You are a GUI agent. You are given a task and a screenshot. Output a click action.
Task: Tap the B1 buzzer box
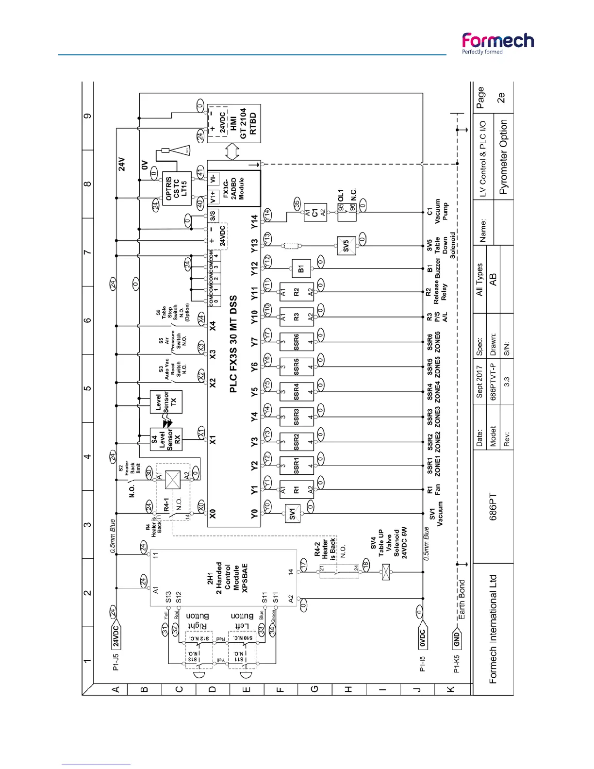click(x=301, y=268)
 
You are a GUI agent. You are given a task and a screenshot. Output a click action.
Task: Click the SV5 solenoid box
click(x=346, y=246)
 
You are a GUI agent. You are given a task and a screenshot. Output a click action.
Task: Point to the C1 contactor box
click(x=314, y=213)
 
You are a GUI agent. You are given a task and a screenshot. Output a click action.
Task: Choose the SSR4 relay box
click(x=297, y=391)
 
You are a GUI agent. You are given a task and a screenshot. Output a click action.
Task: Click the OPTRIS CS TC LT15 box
click(x=176, y=188)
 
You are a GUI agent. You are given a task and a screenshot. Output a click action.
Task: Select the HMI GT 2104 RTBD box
click(x=234, y=123)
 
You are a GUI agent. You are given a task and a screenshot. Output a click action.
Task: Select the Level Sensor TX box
click(x=166, y=401)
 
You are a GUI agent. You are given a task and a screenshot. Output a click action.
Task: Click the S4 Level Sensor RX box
click(x=166, y=439)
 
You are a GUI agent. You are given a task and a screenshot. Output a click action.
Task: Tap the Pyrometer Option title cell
click(x=503, y=157)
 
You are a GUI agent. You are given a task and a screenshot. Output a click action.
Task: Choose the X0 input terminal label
click(x=213, y=513)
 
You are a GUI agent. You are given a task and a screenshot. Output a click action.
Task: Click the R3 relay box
click(x=297, y=317)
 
